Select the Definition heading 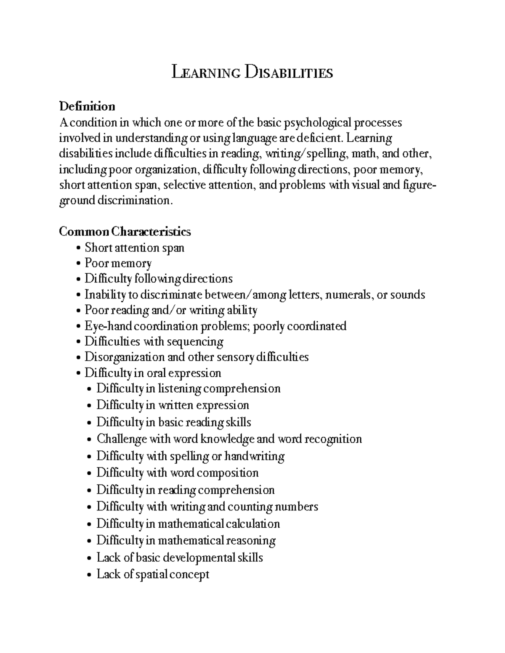pyautogui.click(x=87, y=106)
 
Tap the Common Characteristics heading pyautogui.click(x=125, y=232)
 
